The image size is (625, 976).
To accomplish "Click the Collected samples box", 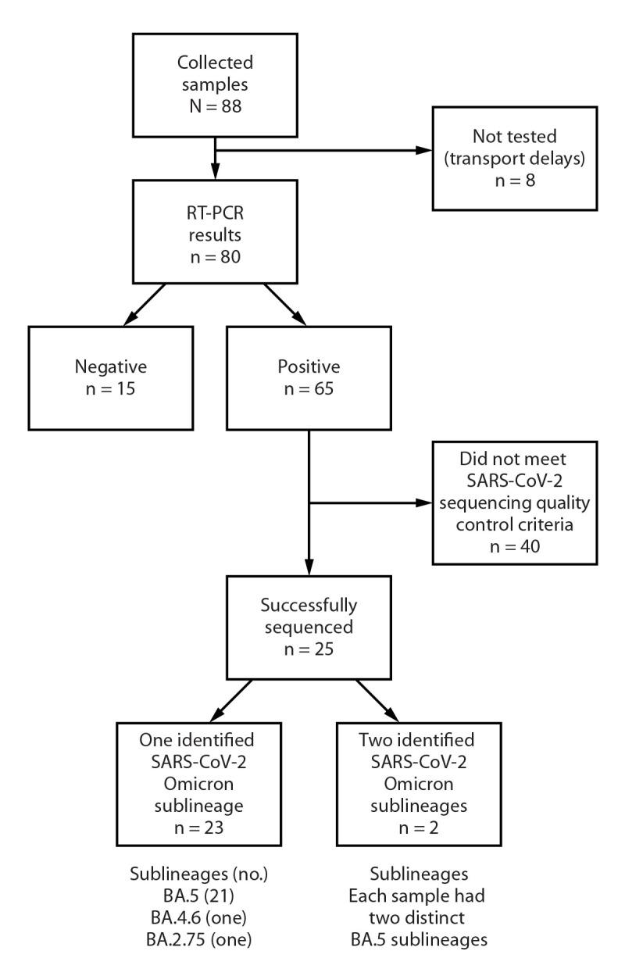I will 214,74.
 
